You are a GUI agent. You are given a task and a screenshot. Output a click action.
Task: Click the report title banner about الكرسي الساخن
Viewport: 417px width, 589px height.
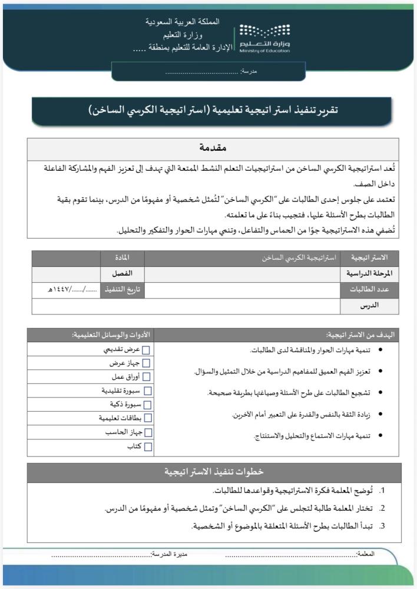coord(212,110)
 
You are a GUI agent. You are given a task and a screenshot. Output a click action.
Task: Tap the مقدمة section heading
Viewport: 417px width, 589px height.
coord(213,148)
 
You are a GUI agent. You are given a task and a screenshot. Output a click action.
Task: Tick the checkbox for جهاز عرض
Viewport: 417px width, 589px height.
coord(147,364)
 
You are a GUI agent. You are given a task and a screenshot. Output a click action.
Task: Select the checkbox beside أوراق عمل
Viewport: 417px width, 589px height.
coord(147,378)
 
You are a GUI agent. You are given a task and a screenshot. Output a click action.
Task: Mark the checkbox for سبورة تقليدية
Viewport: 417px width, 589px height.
coord(147,391)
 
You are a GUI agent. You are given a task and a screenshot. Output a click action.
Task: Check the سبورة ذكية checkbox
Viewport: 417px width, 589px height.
coord(147,405)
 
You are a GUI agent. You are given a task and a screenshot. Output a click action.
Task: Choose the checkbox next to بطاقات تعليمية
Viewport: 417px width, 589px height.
coord(147,418)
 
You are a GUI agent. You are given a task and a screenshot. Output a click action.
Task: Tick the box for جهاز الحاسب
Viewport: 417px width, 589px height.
coord(147,433)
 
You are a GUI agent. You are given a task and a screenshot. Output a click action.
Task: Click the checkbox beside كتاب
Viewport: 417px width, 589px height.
coord(147,447)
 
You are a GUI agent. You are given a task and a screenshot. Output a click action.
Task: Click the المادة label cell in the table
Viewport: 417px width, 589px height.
coord(122,258)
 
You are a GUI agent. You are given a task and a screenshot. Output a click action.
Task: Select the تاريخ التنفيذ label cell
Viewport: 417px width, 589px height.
coord(122,290)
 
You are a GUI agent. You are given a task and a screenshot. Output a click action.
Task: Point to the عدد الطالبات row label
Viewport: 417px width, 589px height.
coord(369,290)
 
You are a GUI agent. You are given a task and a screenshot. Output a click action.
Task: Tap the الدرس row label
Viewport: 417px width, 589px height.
coord(369,306)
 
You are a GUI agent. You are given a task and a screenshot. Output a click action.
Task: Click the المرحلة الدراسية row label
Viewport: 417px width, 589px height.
coord(369,274)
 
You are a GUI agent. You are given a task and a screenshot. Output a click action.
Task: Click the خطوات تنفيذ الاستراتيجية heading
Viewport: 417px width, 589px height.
coord(213,472)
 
